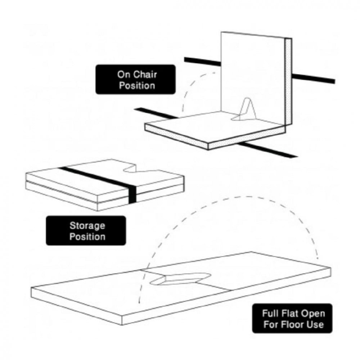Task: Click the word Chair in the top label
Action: pos(145,75)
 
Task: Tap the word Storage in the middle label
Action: pos(87,226)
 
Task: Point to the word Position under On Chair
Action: pos(137,86)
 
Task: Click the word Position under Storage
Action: pos(87,237)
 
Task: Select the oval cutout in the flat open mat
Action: pos(180,279)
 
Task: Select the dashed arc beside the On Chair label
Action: pos(193,83)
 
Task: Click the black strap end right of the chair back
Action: pos(314,78)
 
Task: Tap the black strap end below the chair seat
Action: pos(267,150)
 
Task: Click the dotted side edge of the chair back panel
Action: pos(289,81)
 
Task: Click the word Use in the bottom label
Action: pos(317,325)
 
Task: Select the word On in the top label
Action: pos(124,75)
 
